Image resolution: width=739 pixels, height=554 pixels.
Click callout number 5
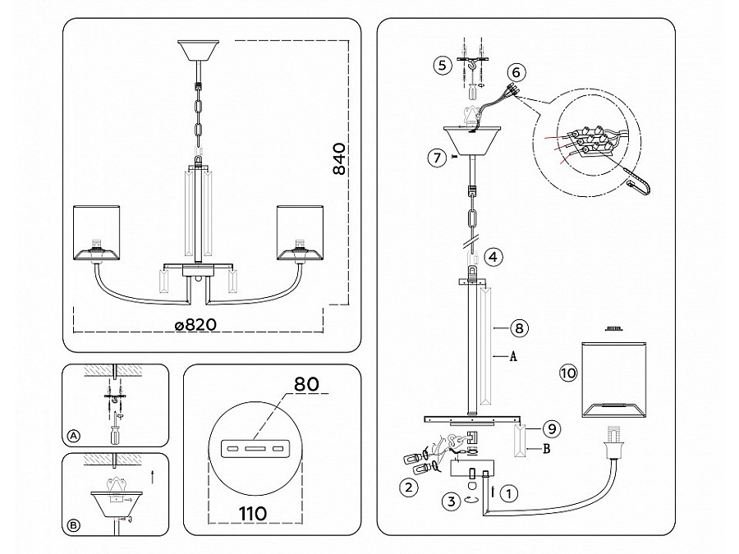click(443, 65)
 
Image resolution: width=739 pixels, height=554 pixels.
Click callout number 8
click(517, 328)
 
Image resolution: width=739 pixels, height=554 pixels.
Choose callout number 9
click(553, 428)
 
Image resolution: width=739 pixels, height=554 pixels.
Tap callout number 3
click(448, 500)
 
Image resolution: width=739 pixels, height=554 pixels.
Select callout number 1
click(511, 494)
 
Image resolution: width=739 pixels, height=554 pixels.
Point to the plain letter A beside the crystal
click(512, 356)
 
